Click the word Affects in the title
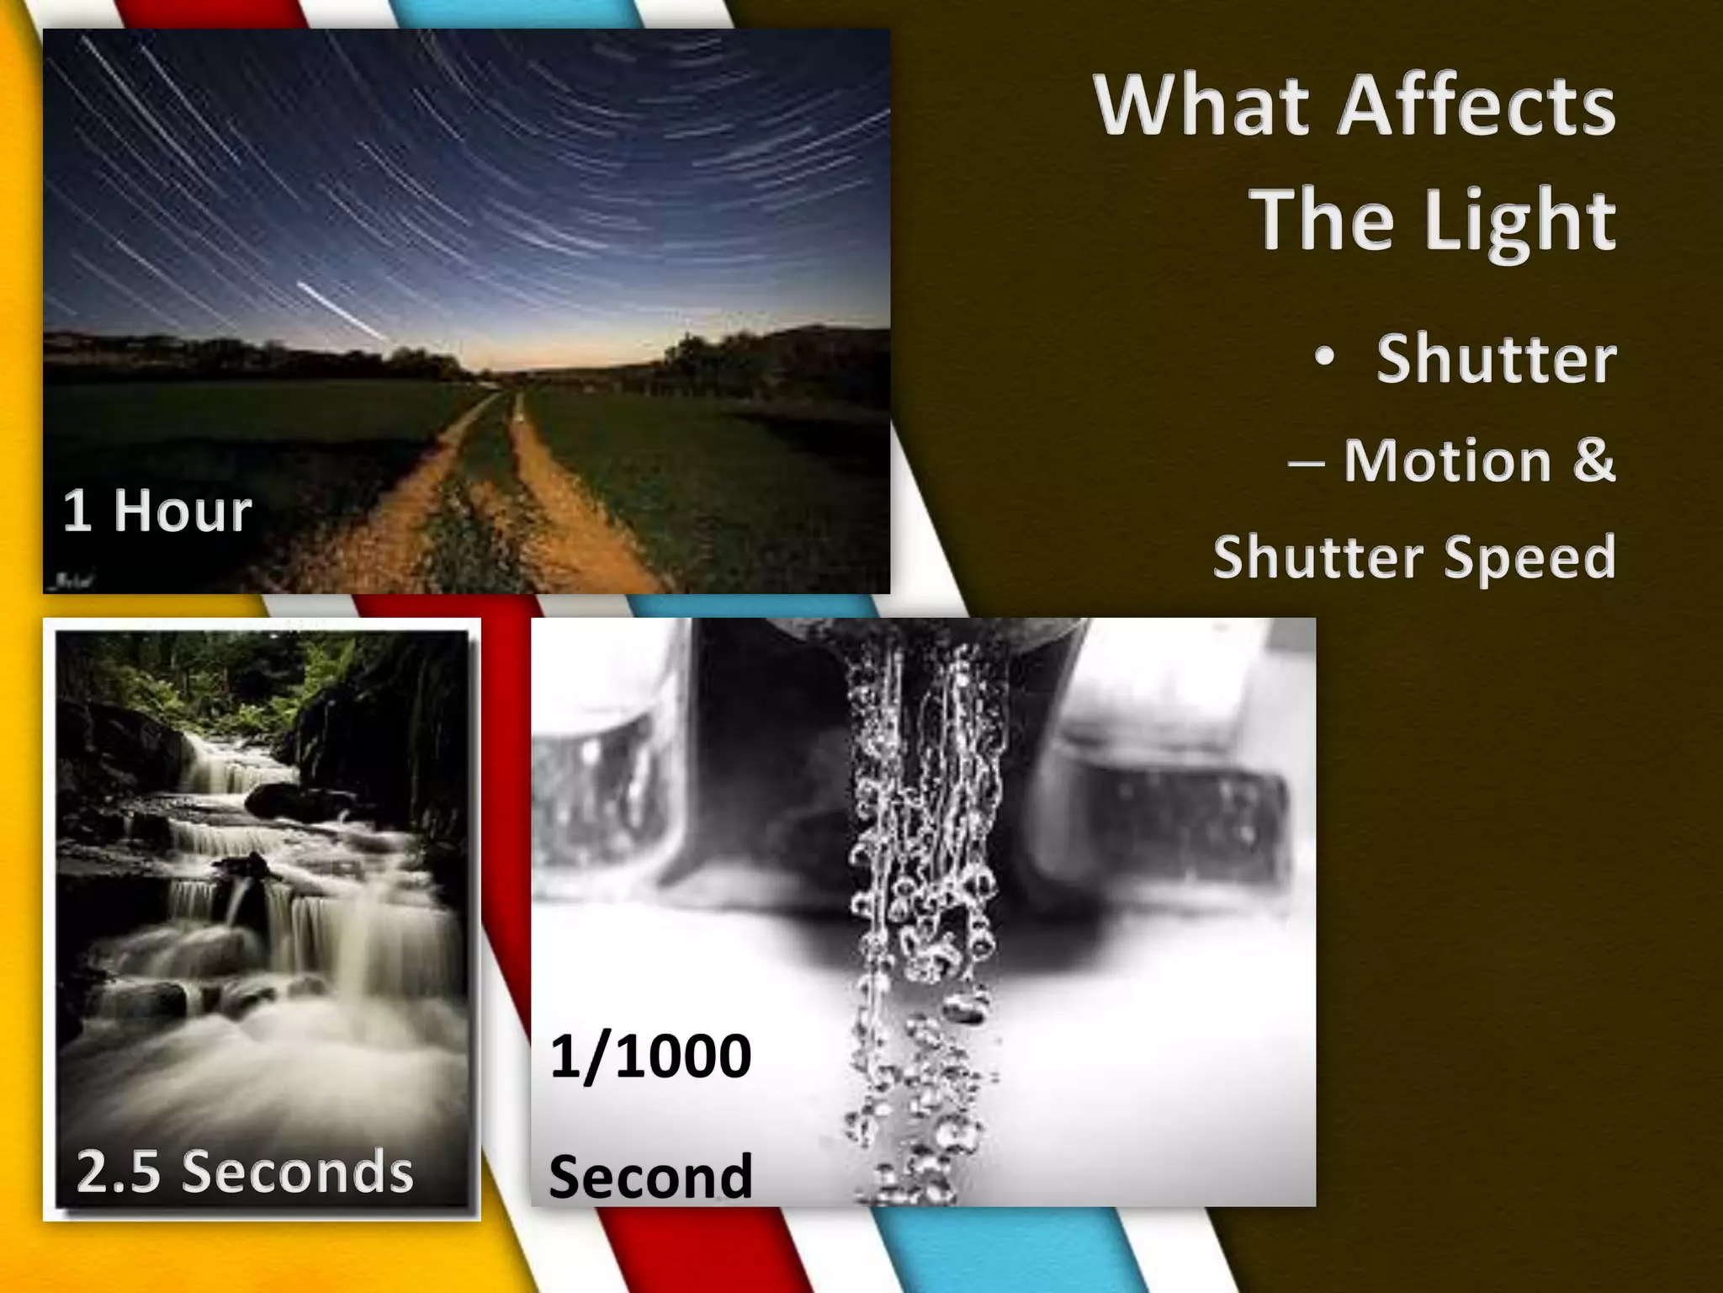1476,107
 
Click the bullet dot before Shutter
1325,358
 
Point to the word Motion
1447,460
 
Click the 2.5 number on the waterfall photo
118,1172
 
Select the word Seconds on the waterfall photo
298,1172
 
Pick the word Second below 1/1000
650,1176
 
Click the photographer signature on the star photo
72,581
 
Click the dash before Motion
1307,462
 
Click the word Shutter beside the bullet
1496,359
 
